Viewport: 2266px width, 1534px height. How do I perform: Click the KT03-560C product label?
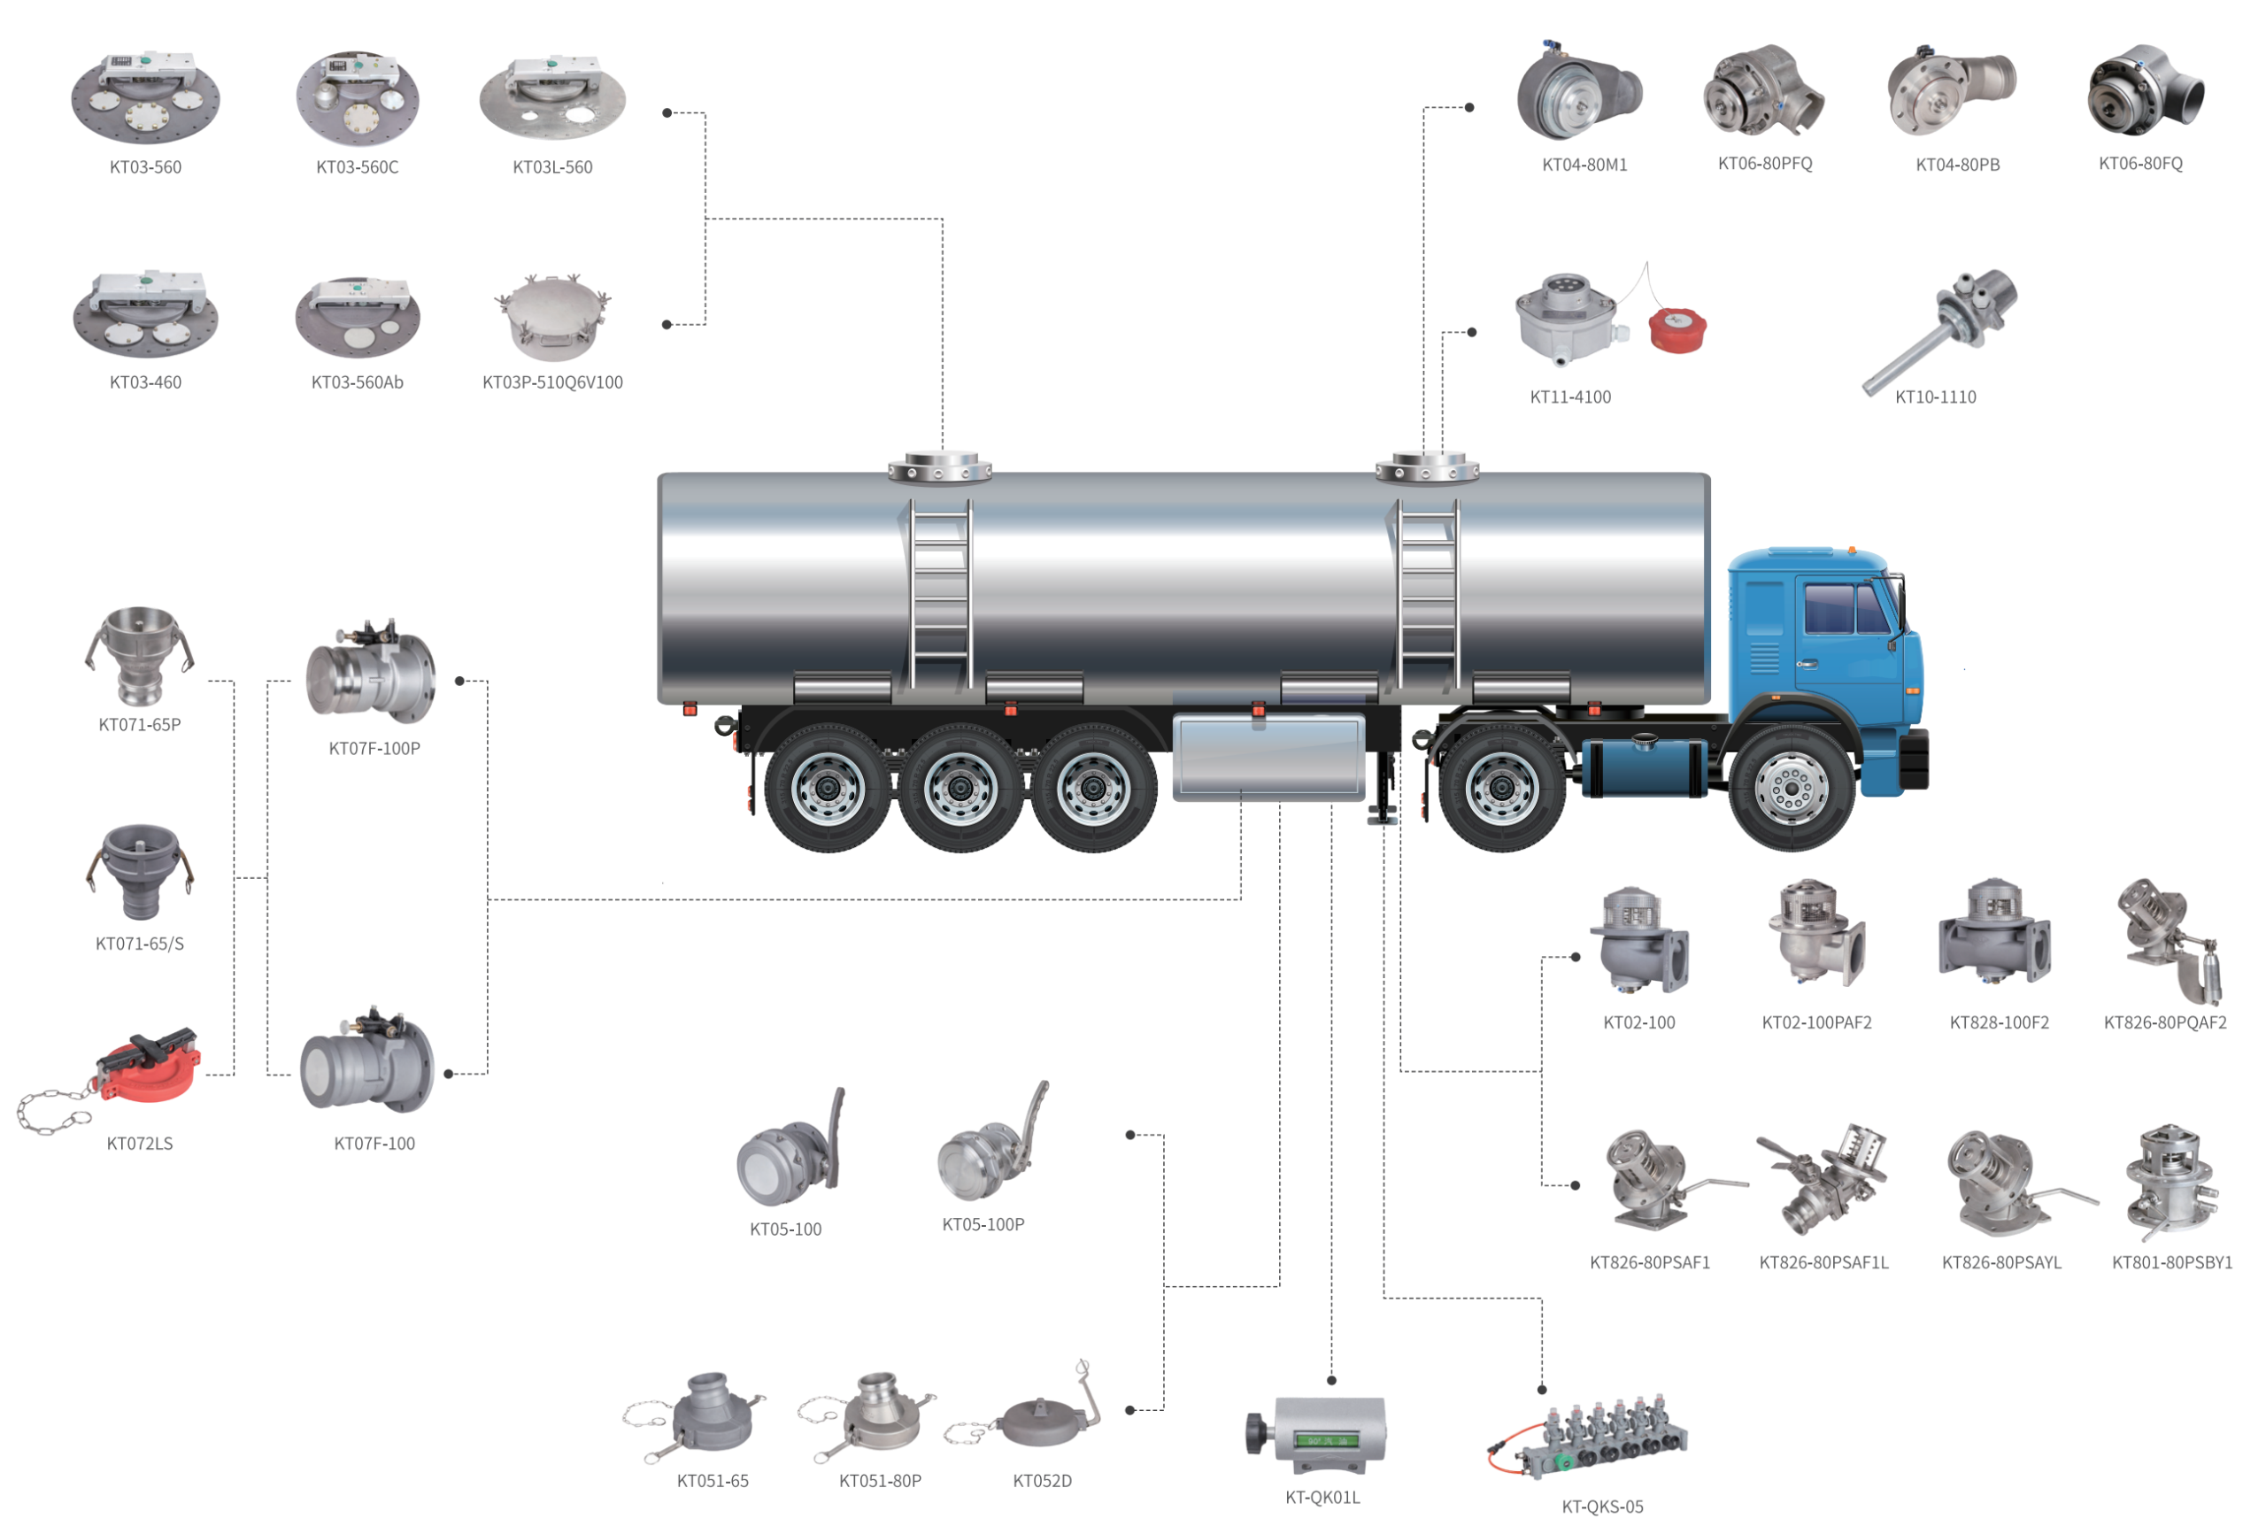tap(357, 166)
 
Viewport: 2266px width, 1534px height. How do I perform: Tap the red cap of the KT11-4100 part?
tap(1676, 329)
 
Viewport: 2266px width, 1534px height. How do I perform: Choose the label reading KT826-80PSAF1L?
tap(1823, 1262)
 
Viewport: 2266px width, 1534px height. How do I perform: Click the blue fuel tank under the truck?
tap(1643, 766)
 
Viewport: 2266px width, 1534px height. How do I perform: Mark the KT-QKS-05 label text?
tap(1601, 1507)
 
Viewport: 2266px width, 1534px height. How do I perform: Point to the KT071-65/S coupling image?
tap(140, 870)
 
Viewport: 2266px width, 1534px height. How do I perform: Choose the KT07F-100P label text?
tap(374, 748)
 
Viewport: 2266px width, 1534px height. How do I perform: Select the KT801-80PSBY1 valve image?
tap(2170, 1180)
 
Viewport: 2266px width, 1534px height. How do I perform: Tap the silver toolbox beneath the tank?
tap(1268, 757)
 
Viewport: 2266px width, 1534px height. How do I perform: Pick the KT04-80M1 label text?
tap(1584, 165)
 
